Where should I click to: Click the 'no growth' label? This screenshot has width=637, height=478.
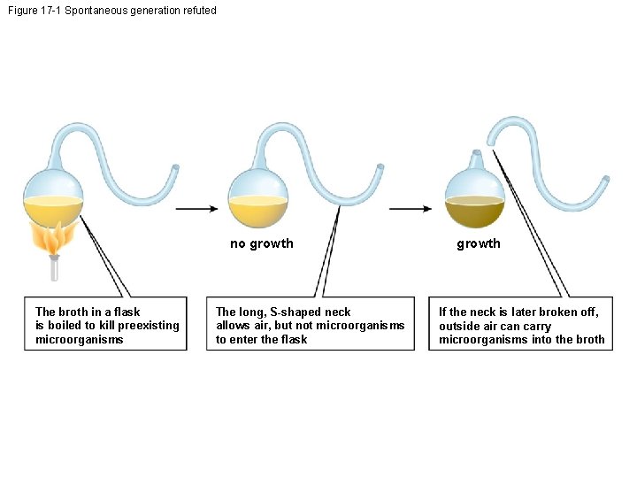click(x=261, y=243)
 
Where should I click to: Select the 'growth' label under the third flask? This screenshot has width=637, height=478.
click(x=478, y=243)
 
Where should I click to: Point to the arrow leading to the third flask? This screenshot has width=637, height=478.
click(x=411, y=209)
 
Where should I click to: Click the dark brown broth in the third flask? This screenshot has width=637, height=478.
click(x=475, y=215)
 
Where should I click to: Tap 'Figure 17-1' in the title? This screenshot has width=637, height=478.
click(x=33, y=11)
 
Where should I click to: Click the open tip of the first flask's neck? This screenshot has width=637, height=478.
click(x=176, y=166)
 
